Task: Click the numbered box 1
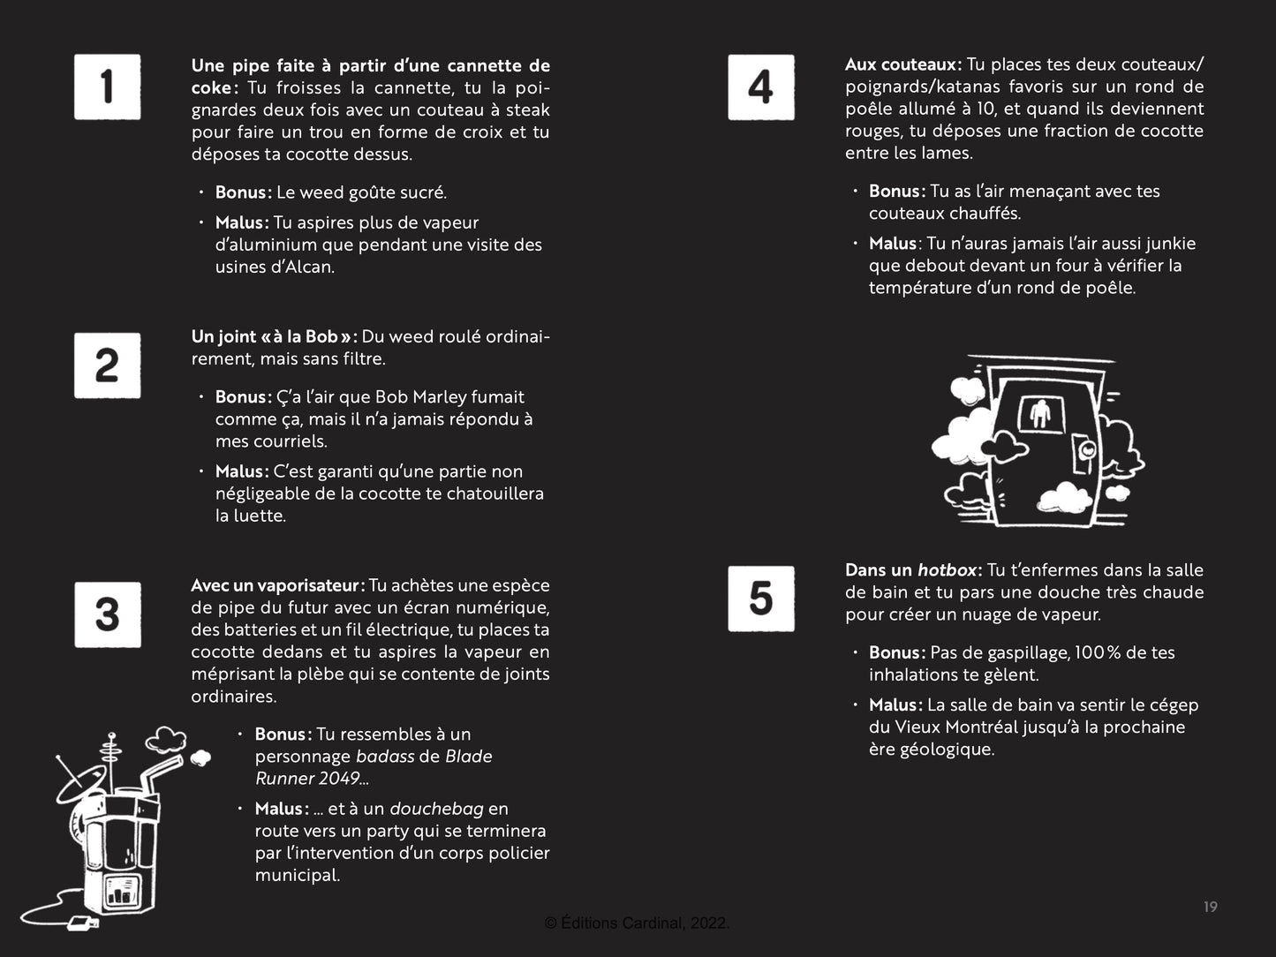point(107,87)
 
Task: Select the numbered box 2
point(107,365)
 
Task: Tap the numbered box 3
point(107,614)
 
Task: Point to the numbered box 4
point(760,87)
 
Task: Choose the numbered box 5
point(760,599)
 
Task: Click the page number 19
point(1210,907)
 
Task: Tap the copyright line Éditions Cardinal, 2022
point(637,923)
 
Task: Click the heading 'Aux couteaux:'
point(902,64)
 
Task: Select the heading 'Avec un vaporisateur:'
point(277,585)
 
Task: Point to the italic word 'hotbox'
point(948,570)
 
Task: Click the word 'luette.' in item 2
point(251,516)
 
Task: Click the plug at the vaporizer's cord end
point(81,923)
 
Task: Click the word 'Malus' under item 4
point(893,244)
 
